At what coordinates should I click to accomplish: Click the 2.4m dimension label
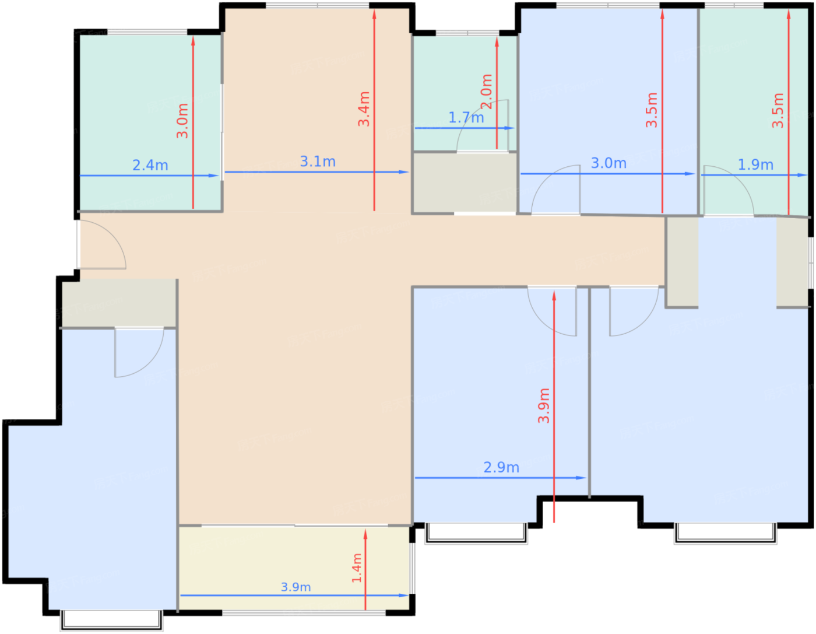tap(150, 165)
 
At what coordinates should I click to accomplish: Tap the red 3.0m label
tap(182, 121)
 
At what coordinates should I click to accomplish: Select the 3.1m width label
tap(318, 162)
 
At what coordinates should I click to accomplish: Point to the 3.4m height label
tap(364, 109)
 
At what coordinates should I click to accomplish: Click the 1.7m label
tap(466, 118)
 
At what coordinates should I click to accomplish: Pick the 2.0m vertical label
tap(486, 92)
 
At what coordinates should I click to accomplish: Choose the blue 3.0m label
tap(609, 163)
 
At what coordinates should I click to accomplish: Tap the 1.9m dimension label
tap(755, 164)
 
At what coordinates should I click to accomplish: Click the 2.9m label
tap(501, 467)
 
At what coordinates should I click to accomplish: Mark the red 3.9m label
tap(544, 405)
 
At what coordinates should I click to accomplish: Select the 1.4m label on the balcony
tap(357, 568)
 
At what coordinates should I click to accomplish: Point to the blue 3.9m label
tap(296, 587)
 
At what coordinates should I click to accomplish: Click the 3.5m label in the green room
tap(778, 110)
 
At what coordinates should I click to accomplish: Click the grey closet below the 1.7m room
tap(465, 183)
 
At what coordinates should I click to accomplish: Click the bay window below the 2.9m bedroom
tap(476, 533)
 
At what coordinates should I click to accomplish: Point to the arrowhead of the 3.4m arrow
tap(374, 14)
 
